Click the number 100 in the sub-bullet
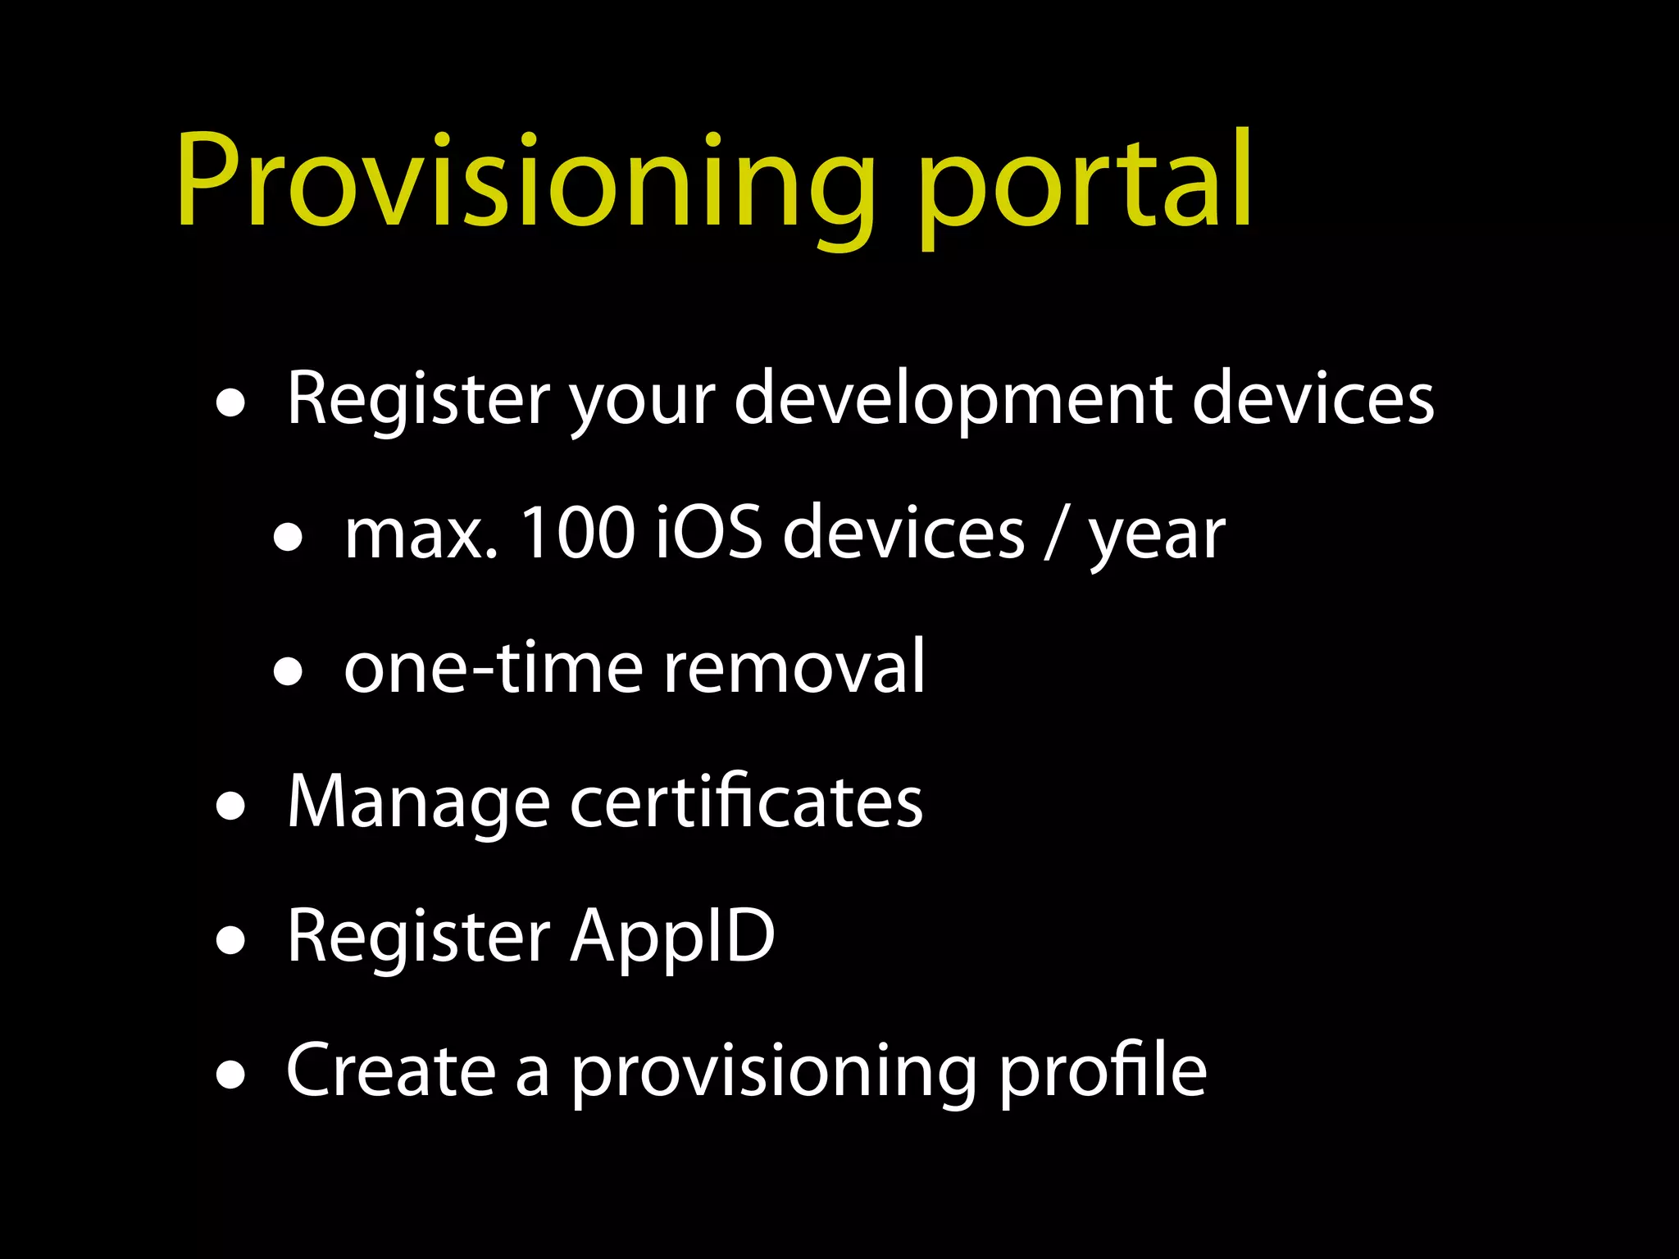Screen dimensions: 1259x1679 (577, 534)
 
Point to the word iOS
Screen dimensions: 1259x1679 (710, 534)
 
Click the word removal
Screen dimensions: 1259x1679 (794, 668)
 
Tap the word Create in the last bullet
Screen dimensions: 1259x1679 (391, 1070)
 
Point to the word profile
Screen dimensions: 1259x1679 (1103, 1072)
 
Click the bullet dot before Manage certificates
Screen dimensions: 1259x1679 (231, 807)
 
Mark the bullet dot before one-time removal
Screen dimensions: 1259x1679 (289, 673)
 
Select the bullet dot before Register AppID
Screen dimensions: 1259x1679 (231, 942)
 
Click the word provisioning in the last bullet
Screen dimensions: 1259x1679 (773, 1075)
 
